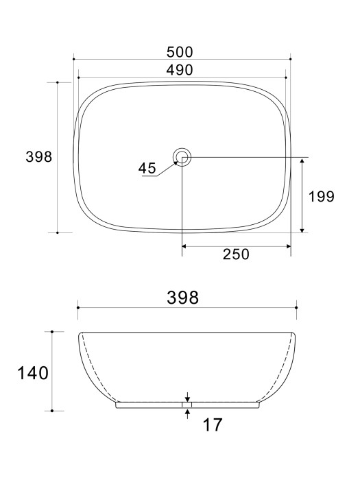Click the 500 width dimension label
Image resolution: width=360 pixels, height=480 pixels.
coord(180,52)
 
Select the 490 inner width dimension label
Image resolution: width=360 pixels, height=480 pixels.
coord(180,70)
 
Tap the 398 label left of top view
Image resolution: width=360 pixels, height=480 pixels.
coord(39,157)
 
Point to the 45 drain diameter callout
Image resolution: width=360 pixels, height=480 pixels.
coord(147,168)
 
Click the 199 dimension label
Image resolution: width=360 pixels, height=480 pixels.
coord(321,197)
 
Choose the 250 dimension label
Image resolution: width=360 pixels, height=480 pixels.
coord(235,254)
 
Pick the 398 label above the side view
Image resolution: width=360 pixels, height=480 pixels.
coord(184,298)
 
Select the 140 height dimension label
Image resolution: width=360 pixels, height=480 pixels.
coord(33,373)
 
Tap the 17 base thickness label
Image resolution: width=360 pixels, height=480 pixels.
coord(213,425)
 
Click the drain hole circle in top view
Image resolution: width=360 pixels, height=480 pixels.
coord(182,157)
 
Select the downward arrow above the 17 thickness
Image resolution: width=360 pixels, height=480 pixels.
coord(187,397)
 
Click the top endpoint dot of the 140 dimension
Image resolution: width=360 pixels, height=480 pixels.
coord(53,332)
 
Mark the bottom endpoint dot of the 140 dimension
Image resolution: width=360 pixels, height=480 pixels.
coord(53,411)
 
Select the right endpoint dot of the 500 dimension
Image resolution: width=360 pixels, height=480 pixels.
coord(291,60)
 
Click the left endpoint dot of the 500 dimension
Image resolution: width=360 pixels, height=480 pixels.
coord(73,60)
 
